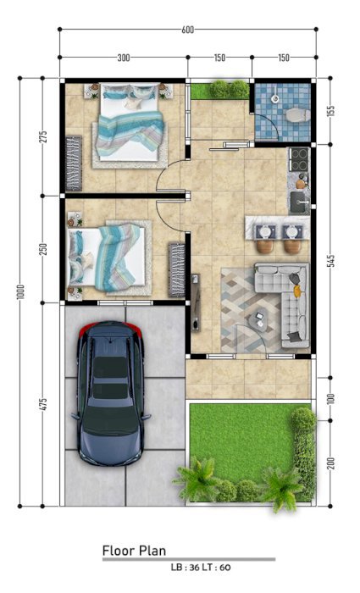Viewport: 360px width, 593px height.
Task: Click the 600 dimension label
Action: (187, 30)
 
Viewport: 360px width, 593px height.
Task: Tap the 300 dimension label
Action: (124, 58)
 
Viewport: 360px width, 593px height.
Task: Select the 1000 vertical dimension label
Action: (21, 292)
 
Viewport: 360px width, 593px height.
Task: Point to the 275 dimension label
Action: (43, 136)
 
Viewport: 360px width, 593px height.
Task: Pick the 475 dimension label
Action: (43, 404)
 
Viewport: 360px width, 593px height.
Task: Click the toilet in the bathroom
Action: (297, 115)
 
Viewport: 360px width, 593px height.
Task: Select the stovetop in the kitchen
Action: (299, 159)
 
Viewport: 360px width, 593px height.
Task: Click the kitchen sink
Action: (300, 202)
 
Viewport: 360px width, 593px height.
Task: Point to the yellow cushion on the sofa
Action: (297, 291)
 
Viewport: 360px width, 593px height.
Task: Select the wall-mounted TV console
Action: (195, 302)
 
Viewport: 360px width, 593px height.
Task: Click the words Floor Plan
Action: (134, 551)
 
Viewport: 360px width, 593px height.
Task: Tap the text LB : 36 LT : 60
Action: (201, 568)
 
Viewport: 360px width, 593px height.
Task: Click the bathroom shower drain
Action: (275, 98)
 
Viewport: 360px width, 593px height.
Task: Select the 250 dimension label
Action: (43, 249)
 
